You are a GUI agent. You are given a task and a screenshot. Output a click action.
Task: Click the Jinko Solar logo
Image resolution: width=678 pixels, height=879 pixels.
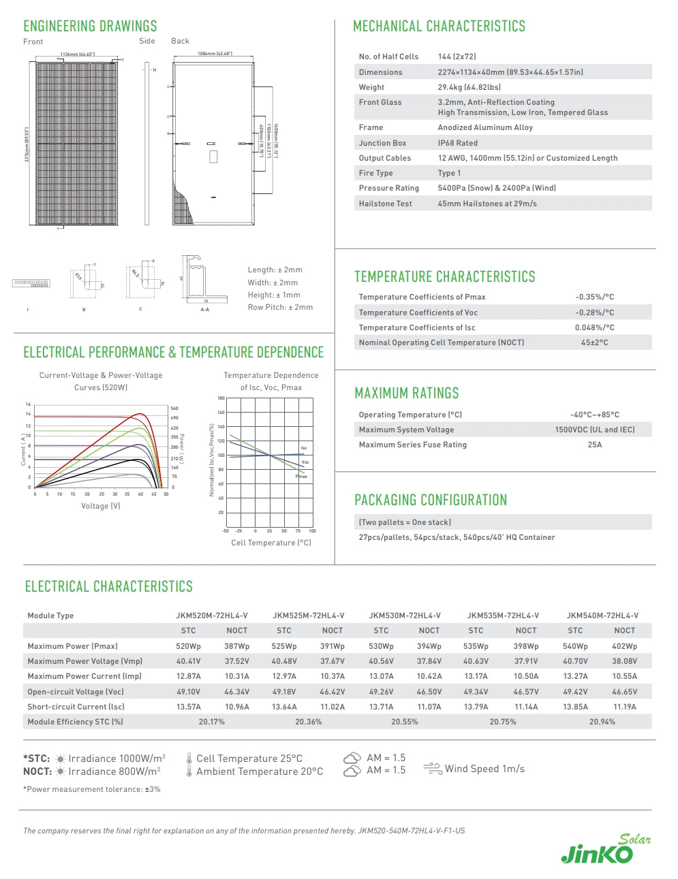605,850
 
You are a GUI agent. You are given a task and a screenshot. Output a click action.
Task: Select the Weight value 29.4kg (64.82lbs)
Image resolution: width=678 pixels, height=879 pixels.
469,87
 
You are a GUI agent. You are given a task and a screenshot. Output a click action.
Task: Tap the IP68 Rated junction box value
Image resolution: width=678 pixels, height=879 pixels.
457,143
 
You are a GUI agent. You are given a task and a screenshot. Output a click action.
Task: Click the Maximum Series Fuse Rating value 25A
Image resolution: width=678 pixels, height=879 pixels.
594,445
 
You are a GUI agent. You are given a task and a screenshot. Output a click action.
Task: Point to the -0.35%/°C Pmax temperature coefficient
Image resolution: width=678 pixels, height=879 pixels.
594,297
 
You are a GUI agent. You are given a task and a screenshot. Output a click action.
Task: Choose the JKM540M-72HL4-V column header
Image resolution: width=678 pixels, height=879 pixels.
602,616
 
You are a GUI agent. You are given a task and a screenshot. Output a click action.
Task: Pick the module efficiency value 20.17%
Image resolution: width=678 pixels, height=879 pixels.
211,722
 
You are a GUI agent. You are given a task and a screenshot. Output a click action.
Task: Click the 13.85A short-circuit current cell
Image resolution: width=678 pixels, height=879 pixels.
575,707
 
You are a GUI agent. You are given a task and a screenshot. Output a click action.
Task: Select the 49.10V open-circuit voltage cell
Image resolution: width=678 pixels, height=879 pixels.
188,692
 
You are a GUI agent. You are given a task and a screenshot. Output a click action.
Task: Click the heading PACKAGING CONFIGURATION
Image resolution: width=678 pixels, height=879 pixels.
431,500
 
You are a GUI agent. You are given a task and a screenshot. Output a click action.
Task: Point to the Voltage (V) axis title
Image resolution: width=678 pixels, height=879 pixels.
100,506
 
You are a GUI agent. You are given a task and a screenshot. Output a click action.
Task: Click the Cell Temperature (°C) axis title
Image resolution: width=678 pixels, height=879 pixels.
271,543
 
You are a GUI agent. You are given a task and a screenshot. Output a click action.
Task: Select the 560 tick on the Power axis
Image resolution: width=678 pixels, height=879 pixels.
174,409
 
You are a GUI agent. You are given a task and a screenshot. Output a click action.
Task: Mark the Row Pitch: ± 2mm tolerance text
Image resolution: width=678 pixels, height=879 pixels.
280,307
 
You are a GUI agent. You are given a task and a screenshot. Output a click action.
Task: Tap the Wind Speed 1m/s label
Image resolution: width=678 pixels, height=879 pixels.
484,769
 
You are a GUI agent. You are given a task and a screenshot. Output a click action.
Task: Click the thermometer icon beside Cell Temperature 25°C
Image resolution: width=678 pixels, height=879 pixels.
189,758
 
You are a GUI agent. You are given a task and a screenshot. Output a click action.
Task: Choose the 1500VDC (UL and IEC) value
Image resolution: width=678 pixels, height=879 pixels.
594,430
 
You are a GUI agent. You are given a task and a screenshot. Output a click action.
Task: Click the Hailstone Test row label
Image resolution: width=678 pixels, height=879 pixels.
385,204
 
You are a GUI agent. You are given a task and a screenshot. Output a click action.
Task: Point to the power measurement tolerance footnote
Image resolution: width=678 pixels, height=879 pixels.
92,789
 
